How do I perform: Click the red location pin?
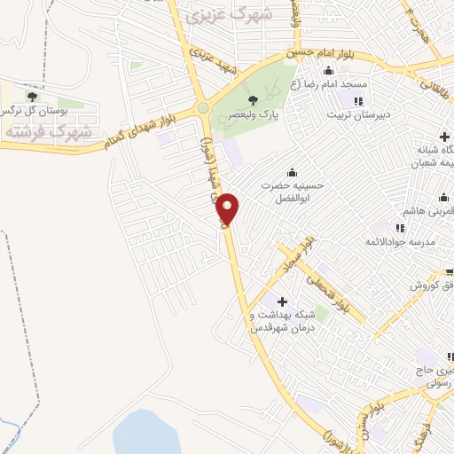[228, 207]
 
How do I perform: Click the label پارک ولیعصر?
[257, 114]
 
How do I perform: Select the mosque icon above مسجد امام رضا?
[329, 72]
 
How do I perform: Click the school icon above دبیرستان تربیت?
[358, 102]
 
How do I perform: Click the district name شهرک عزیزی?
[238, 15]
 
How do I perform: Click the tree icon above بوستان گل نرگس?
[32, 97]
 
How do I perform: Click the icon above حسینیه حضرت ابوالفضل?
[292, 172]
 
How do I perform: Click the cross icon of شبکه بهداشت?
[283, 302]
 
